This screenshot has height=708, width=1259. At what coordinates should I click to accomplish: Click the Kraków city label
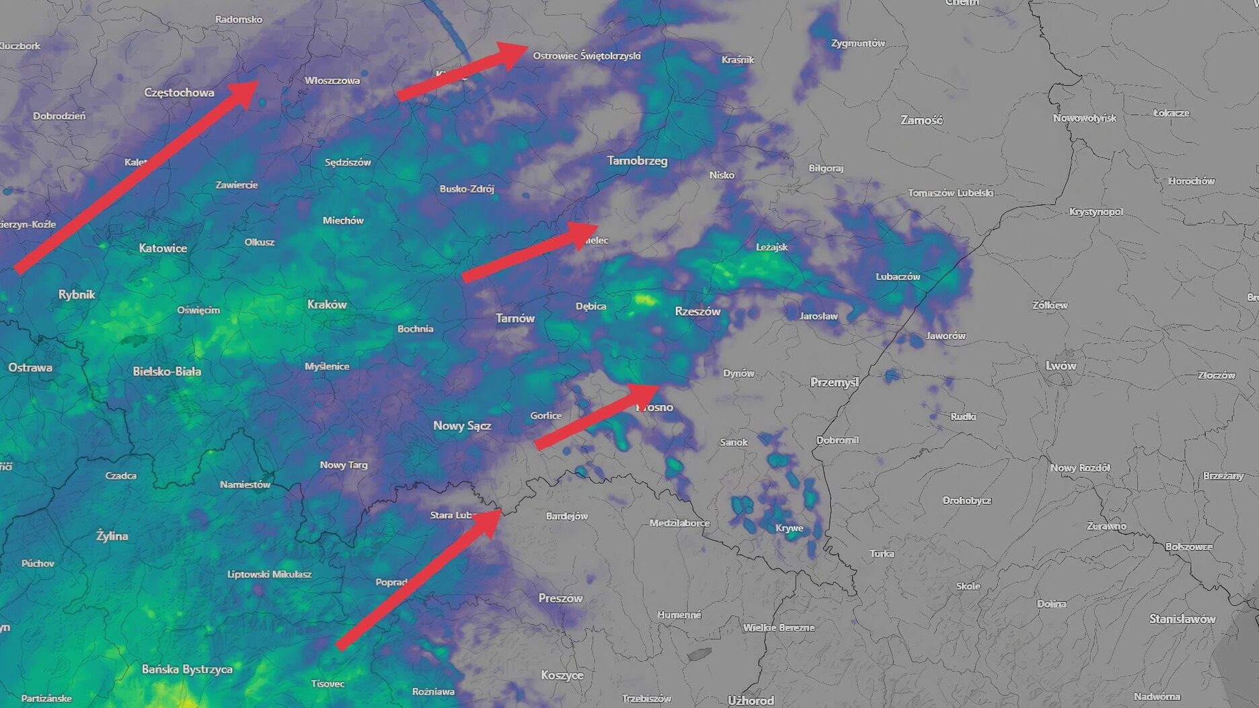tap(327, 304)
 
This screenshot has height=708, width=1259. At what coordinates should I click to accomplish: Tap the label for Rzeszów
tap(697, 311)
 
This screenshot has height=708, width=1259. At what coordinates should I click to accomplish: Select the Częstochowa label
tap(179, 92)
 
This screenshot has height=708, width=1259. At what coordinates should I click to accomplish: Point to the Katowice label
tap(163, 248)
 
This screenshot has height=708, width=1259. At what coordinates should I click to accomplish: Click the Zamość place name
tap(921, 120)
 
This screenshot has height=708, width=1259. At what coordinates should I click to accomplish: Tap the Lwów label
tap(1061, 365)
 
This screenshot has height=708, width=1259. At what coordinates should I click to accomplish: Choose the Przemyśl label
tap(834, 382)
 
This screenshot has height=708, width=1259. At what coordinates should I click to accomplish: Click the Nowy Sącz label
tap(462, 425)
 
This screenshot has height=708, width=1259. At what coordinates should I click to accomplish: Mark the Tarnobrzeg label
tap(637, 160)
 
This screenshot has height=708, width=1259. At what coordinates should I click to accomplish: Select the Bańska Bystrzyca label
tap(187, 669)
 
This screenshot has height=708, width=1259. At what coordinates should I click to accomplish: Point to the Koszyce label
tap(562, 674)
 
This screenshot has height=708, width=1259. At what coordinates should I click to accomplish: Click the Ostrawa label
tap(30, 367)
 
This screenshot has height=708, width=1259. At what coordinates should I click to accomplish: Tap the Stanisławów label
tap(1182, 618)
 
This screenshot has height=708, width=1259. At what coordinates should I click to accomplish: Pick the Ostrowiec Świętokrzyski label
tap(586, 56)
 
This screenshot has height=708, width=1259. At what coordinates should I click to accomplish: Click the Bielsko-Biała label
tap(167, 371)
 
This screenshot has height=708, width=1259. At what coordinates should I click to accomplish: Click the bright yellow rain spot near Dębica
tap(644, 299)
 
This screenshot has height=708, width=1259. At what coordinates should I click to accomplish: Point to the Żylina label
tap(112, 536)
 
